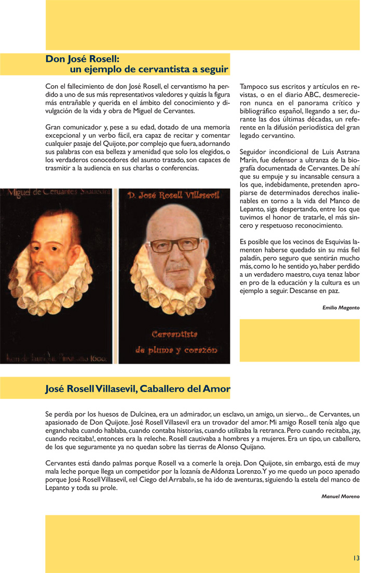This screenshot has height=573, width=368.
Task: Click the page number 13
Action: tap(356, 558)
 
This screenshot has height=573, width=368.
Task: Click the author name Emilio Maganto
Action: tap(341, 308)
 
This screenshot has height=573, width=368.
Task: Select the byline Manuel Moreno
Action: tap(340, 497)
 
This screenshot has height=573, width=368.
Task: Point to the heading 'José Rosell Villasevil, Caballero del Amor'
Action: tap(138, 388)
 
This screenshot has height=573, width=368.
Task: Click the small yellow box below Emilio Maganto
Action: tap(299, 340)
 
